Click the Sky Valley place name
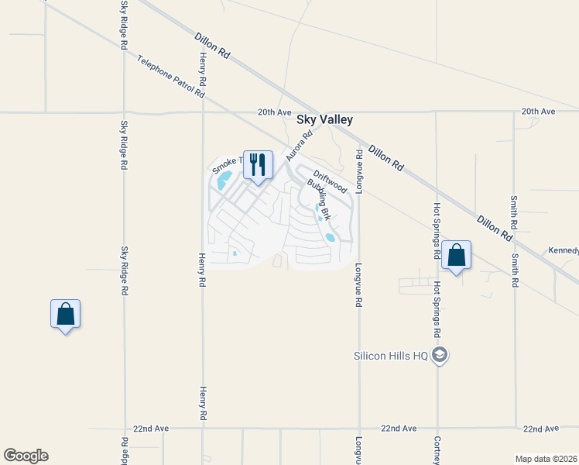pos(325,119)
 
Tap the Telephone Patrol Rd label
pos(170,76)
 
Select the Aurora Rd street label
pos(299,145)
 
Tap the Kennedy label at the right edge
pos(564,250)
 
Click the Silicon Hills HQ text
pos(391,356)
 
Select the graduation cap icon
pos(440,356)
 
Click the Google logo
pos(26,456)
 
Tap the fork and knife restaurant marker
pos(258,164)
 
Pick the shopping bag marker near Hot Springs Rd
pos(456,255)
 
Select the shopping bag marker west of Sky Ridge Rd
pos(65,314)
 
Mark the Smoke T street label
pos(228,164)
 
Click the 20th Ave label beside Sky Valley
pos(274,112)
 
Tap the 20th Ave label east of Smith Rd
pos(539,112)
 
